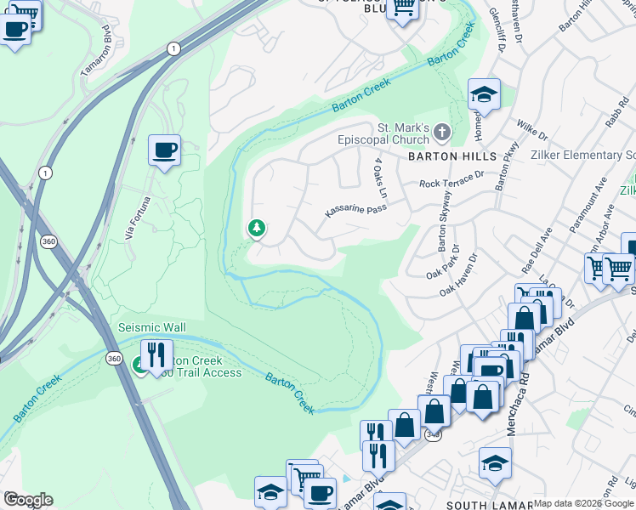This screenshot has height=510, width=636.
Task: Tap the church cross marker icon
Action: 441,132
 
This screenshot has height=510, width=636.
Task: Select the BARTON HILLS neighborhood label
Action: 451,157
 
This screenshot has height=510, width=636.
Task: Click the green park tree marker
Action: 256,228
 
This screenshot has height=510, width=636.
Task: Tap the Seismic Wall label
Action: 152,328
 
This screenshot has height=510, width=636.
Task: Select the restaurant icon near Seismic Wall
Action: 156,354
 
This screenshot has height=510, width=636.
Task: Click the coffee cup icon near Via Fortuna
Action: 165,150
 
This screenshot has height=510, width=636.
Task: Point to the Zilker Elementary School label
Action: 580,156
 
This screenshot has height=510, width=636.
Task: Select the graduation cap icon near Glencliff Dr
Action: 484,93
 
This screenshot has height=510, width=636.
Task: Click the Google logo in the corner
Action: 27,500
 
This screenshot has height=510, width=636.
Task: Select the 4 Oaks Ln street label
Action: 380,178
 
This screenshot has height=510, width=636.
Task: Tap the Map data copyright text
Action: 583,503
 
